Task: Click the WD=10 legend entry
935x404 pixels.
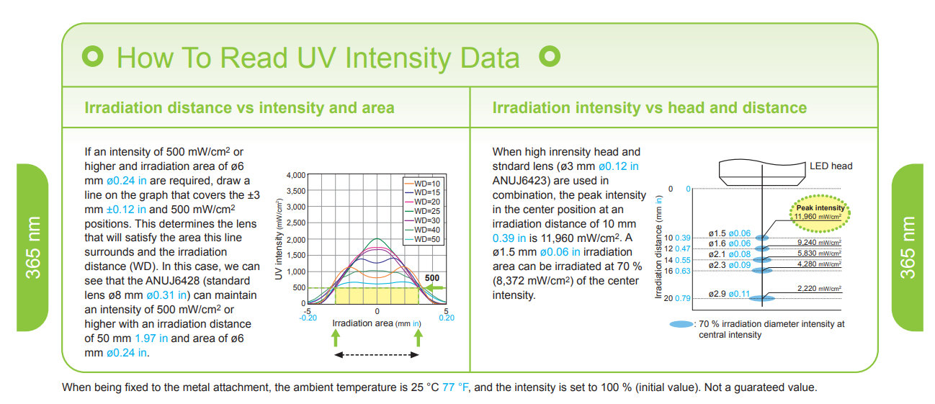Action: pyautogui.click(x=422, y=184)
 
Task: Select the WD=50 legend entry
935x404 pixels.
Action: pyautogui.click(x=422, y=240)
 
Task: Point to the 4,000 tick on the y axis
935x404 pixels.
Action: pyautogui.click(x=296, y=175)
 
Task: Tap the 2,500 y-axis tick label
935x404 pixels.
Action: pyautogui.click(x=296, y=223)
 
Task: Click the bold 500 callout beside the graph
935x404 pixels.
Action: pyautogui.click(x=432, y=278)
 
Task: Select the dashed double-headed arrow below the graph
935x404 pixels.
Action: pyautogui.click(x=377, y=355)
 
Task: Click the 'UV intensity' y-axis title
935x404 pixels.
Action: pyautogui.click(x=279, y=239)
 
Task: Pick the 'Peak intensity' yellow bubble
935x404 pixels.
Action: pyautogui.click(x=820, y=213)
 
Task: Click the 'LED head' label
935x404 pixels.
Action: pyautogui.click(x=831, y=166)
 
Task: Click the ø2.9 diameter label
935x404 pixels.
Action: pyautogui.click(x=717, y=294)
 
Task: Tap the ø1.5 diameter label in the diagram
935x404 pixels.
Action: pyautogui.click(x=717, y=233)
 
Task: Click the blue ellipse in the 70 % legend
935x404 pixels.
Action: pyautogui.click(x=681, y=324)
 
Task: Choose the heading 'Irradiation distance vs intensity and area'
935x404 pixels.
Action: pyautogui.click(x=239, y=108)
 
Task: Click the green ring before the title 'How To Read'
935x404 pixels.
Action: pyautogui.click(x=93, y=56)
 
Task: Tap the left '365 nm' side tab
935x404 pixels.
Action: pyautogui.click(x=32, y=248)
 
